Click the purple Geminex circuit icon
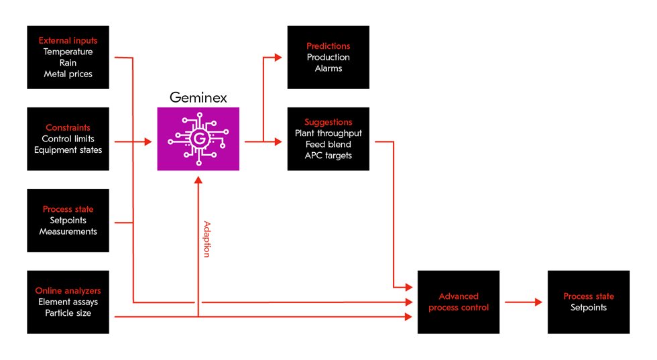pyautogui.click(x=198, y=139)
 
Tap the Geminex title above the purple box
pyautogui.click(x=198, y=98)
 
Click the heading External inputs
pyautogui.click(x=68, y=40)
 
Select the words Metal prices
pyautogui.click(x=68, y=74)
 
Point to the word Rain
pyautogui.click(x=68, y=62)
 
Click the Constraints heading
pyautogui.click(x=68, y=127)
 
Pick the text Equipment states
pyautogui.click(x=68, y=149)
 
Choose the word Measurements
pyautogui.click(x=68, y=231)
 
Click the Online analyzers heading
pyautogui.click(x=68, y=290)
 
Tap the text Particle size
pyautogui.click(x=68, y=312)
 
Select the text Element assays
pyautogui.click(x=68, y=302)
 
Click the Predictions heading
pyautogui.click(x=328, y=46)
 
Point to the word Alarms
pyautogui.click(x=328, y=68)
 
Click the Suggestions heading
pyautogui.click(x=328, y=122)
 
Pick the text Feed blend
pyautogui.click(x=328, y=144)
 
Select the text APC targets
pyautogui.click(x=328, y=156)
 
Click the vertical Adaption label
pyautogui.click(x=207, y=239)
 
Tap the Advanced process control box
pyautogui.click(x=459, y=302)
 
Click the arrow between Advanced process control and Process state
pyautogui.click(x=523, y=302)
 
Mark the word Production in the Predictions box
pyautogui.click(x=328, y=57)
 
